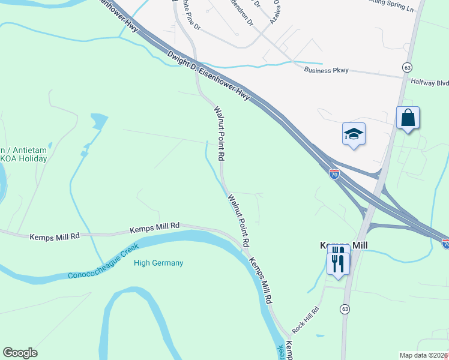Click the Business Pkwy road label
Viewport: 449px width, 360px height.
tap(327, 70)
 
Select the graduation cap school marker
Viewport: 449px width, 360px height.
tap(354, 134)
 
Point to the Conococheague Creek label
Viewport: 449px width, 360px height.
tap(103, 262)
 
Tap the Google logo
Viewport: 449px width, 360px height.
tap(20, 353)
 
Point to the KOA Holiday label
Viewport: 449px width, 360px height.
tap(24, 158)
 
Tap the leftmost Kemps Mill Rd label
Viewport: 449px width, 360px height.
tap(55, 236)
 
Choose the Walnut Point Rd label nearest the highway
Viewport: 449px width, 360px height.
tap(220, 133)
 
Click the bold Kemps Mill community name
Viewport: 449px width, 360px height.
tap(342, 246)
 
